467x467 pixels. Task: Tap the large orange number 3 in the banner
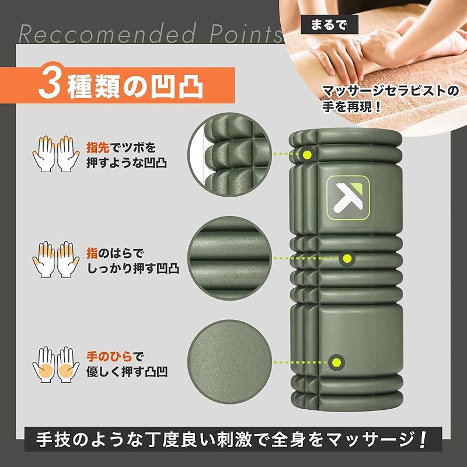click(50, 83)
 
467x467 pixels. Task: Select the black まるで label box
click(329, 25)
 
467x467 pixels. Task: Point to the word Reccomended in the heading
click(107, 34)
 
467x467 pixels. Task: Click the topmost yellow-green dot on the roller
click(308, 155)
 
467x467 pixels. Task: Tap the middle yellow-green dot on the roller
click(347, 258)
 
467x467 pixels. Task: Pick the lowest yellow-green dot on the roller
click(337, 363)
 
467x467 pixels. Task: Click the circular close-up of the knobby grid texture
click(229, 155)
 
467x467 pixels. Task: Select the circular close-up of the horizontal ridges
click(229, 258)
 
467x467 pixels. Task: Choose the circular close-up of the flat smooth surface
click(229, 362)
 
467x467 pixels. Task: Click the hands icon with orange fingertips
click(56, 154)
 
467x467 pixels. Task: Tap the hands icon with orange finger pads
click(56, 259)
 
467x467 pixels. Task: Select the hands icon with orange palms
click(56, 364)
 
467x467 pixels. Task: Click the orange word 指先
click(98, 147)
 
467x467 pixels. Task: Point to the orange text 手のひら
click(109, 356)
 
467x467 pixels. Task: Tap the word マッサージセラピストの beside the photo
click(391, 91)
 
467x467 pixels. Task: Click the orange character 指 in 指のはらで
click(92, 253)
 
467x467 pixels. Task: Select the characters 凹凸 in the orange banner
click(177, 87)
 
